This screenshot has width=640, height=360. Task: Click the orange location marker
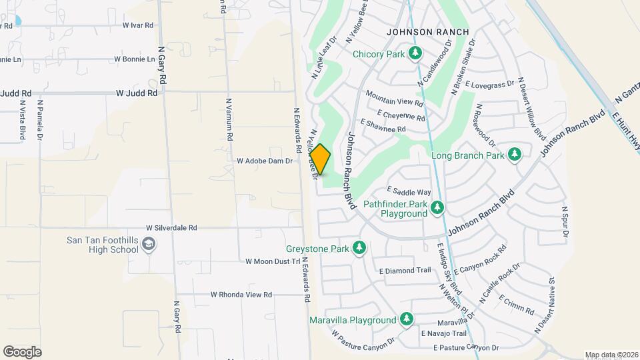321,159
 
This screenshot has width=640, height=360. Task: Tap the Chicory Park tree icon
416,53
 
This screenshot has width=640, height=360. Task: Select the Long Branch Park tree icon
514,155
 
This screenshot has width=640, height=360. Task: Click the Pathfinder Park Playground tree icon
437,208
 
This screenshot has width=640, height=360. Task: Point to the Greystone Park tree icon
359,249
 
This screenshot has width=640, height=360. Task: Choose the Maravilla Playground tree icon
406,320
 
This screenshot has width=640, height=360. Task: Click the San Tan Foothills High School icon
149,245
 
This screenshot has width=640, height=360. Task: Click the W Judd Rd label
137,94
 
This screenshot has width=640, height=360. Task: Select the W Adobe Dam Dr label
265,161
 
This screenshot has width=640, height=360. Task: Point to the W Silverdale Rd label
172,227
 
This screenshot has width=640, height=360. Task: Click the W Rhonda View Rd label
241,294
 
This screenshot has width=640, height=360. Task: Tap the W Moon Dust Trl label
273,261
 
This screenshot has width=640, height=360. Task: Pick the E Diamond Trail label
405,271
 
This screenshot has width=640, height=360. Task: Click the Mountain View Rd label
395,99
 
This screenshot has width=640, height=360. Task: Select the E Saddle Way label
409,192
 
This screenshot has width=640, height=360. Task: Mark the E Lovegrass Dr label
491,85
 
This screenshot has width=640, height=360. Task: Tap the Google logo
22,352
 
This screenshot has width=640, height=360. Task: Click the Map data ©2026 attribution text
611,355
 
